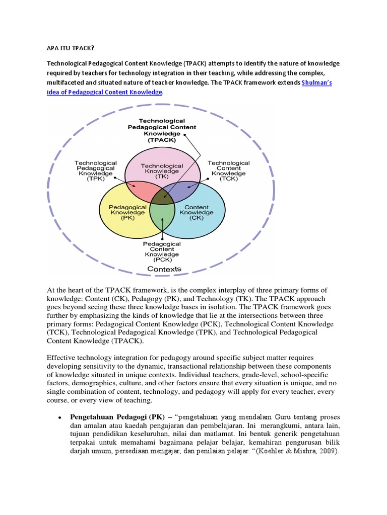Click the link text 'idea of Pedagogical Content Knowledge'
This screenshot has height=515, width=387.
(105, 93)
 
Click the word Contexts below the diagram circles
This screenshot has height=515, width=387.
(164, 269)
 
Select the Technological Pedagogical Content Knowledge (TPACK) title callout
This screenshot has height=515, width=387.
(162, 131)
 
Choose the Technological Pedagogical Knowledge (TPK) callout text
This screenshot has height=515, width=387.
(95, 171)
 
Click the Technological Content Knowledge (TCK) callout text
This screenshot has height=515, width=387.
(228, 171)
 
